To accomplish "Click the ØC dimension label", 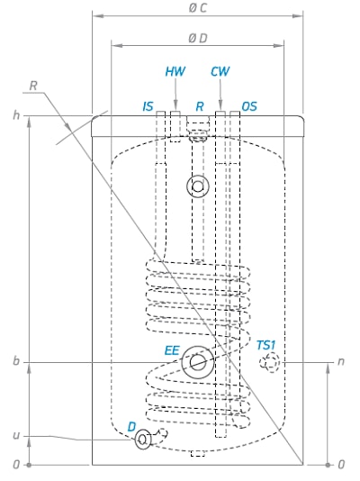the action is point(198,8).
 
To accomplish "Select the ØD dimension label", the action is point(198,38).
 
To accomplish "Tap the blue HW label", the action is point(175,71).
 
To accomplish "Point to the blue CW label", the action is point(220,71).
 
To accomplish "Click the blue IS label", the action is point(148,106).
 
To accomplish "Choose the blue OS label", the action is point(249,106).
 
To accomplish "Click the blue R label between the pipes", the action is point(200,106).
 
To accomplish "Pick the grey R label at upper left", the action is point(33,86).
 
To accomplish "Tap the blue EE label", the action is point(172,350).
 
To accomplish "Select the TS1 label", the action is point(265,345).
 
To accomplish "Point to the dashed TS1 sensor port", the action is point(270,363).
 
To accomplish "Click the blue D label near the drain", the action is point(131,427).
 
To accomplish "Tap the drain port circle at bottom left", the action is point(135,440).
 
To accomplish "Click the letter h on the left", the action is point(16,115).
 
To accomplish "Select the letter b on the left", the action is point(16,360).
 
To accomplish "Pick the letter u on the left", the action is point(16,436).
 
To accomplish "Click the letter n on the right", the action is point(341,362).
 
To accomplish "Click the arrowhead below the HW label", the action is point(175,103).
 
